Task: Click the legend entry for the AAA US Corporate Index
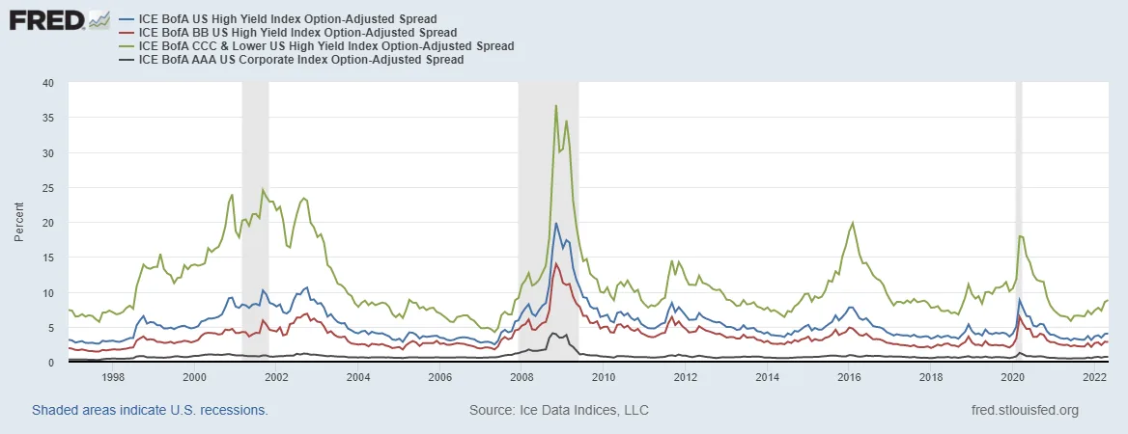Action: pos(301,60)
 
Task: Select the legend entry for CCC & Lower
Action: pos(326,46)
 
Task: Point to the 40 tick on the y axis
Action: pos(47,83)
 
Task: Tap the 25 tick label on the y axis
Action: pos(47,188)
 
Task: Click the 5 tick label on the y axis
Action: pos(50,328)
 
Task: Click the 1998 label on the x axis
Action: pos(112,377)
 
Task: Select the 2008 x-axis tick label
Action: pos(522,377)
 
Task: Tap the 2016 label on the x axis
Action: pos(850,377)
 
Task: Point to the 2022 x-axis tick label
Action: pos(1095,377)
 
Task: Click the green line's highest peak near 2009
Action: pos(556,105)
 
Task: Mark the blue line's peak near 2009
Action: pos(556,224)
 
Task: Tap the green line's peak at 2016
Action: pos(852,223)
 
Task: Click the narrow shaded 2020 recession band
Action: pos(1018,222)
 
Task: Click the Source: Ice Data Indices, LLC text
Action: pos(558,410)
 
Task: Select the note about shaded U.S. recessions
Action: pos(150,410)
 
